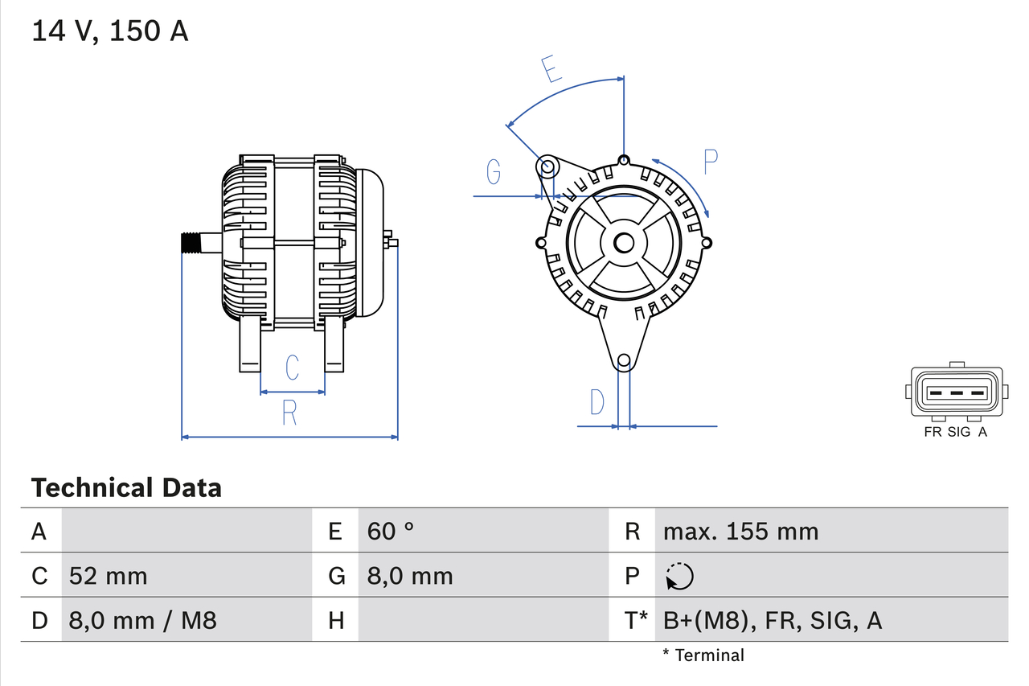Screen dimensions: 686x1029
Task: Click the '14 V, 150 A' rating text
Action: pyautogui.click(x=110, y=31)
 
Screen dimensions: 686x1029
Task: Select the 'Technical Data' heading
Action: pyautogui.click(x=126, y=487)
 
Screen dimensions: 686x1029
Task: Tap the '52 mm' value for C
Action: pyautogui.click(x=108, y=576)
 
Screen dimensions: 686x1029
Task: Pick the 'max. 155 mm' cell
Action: pyautogui.click(x=740, y=531)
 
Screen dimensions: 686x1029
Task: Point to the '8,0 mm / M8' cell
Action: pyautogui.click(x=143, y=620)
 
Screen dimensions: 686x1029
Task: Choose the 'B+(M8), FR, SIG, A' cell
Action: pyautogui.click(x=773, y=620)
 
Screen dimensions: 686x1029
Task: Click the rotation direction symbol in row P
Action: pyautogui.click(x=679, y=576)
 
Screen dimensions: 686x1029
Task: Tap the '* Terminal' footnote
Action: pyautogui.click(x=703, y=655)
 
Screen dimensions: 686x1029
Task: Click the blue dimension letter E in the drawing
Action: pyautogui.click(x=551, y=69)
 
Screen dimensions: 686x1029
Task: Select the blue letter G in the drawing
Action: pyautogui.click(x=494, y=171)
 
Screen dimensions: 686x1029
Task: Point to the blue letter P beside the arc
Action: pyautogui.click(x=710, y=162)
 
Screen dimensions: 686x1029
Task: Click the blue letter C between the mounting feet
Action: pyautogui.click(x=293, y=367)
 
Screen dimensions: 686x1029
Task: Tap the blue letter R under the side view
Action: pyautogui.click(x=289, y=413)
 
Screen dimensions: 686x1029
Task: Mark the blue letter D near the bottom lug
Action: pyautogui.click(x=596, y=401)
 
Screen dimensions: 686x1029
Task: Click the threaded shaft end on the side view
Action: pyautogui.click(x=190, y=243)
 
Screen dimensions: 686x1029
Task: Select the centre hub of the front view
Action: pyautogui.click(x=624, y=242)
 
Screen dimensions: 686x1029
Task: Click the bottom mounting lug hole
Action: pyautogui.click(x=623, y=361)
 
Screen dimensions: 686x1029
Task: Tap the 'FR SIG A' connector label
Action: pyautogui.click(x=955, y=432)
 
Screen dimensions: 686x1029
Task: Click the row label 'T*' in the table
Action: pyautogui.click(x=636, y=620)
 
